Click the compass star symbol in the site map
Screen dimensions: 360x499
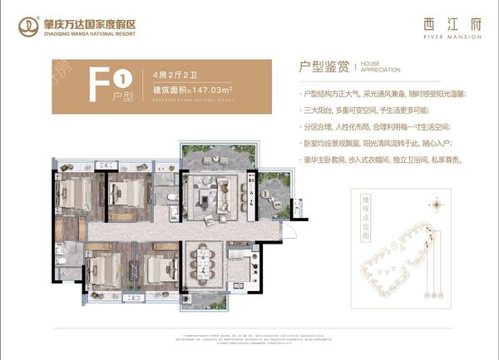(433, 203)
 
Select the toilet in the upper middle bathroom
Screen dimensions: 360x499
(171, 197)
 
